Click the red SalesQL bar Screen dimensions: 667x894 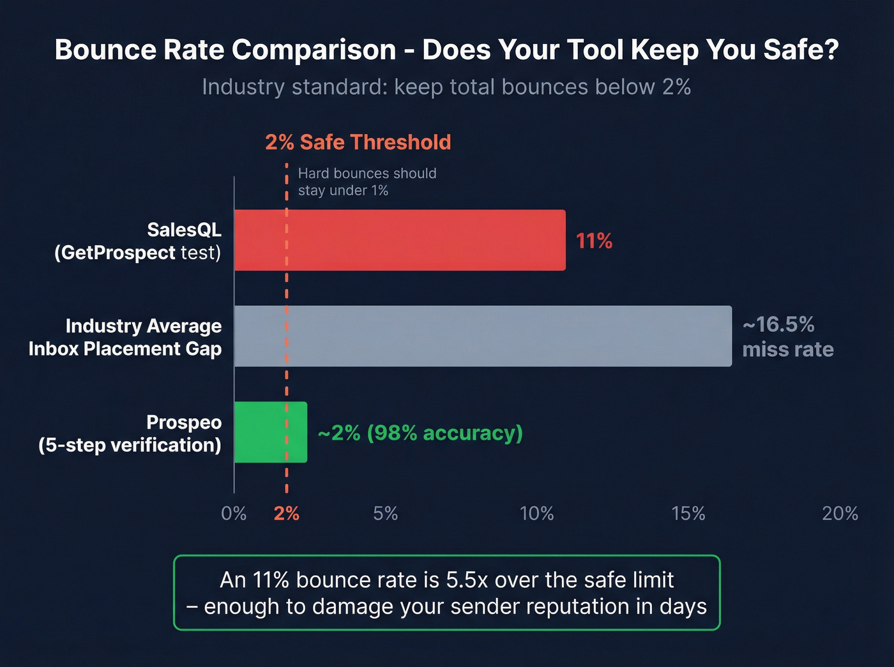(x=400, y=240)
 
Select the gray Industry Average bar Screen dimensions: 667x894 (x=483, y=336)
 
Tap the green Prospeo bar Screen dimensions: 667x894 (x=270, y=432)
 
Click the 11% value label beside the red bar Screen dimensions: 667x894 (x=594, y=241)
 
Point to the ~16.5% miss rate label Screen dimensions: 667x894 (x=787, y=337)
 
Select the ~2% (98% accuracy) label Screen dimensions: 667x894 (x=420, y=433)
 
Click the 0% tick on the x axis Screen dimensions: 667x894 (x=234, y=513)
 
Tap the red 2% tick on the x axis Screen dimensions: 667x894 (x=286, y=513)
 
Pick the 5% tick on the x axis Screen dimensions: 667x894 (x=385, y=513)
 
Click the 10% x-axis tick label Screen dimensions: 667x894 (x=536, y=513)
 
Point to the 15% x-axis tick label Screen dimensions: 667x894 (x=688, y=513)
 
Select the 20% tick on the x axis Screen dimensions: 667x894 (x=840, y=513)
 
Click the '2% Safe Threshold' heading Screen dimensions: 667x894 (x=358, y=142)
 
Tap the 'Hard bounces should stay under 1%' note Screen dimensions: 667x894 (x=367, y=182)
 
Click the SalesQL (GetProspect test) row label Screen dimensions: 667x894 (x=138, y=241)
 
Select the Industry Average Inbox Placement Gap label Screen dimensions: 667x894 (x=125, y=337)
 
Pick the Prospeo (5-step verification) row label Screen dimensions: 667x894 (x=130, y=433)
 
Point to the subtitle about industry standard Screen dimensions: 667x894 (x=446, y=87)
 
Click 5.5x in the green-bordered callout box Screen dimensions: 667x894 (x=467, y=580)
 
